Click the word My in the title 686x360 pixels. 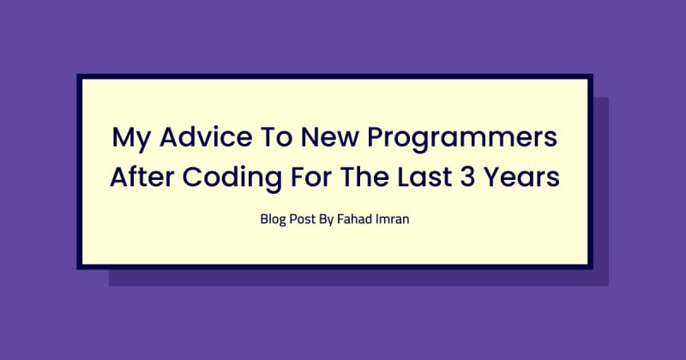pos(131,138)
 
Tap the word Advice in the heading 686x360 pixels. pos(206,136)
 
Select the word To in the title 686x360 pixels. pos(276,137)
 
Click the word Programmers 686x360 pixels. pos(462,139)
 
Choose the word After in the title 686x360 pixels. pos(141,177)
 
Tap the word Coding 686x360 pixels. pos(232,178)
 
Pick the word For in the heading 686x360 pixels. pos(311,177)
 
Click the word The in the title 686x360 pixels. pos(364,177)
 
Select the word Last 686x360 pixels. pos(424,177)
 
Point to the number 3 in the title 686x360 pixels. pos(467,177)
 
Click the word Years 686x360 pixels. pos(522,177)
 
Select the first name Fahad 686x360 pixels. pos(353,219)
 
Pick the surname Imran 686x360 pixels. pos(391,219)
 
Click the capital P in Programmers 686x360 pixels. pos(376,137)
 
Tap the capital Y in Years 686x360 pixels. pos(492,177)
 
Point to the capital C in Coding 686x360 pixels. pos(193,177)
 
